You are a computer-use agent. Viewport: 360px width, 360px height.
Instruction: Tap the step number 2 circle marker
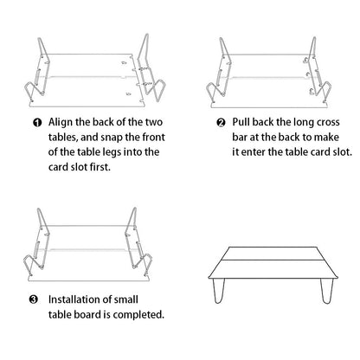pos(222,122)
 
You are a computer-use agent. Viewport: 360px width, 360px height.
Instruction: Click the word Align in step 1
pos(64,122)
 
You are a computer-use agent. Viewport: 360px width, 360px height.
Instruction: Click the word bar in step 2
pos(245,138)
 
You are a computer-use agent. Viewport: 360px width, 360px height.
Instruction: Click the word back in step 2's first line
pos(273,122)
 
